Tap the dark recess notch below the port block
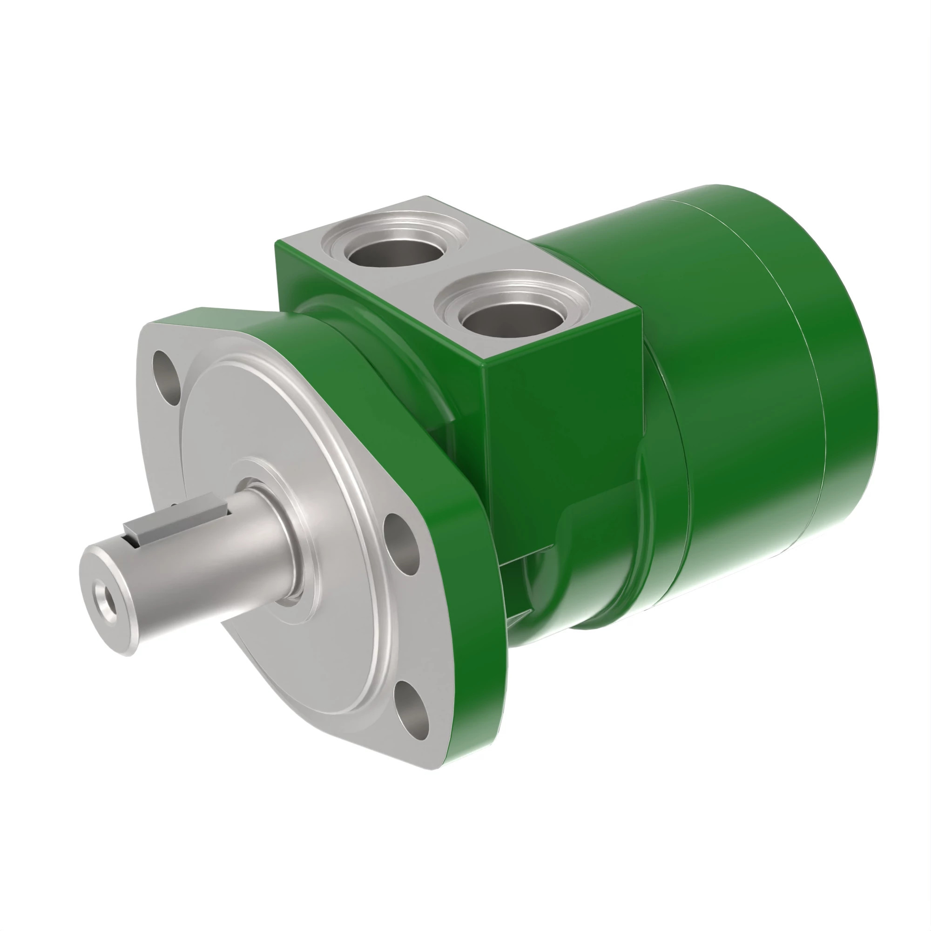coord(518,593)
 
